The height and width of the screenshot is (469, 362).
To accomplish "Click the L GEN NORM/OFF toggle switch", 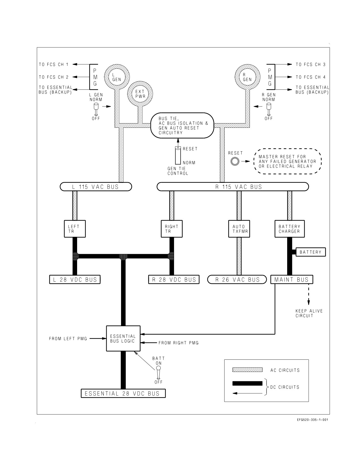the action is [96, 109].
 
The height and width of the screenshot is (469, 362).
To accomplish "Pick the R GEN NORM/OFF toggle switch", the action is [269, 109].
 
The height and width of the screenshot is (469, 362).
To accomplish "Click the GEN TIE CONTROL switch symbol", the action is [178, 155].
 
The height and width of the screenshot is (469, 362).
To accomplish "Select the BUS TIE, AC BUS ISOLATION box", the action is [182, 125].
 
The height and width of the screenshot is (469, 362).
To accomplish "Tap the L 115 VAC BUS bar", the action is [96, 187].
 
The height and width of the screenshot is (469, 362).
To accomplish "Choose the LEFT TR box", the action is [75, 229].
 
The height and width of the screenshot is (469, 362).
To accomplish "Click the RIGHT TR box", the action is [172, 229].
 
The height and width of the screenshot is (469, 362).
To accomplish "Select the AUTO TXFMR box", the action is [239, 229].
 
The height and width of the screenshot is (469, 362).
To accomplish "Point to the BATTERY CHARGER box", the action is [290, 229].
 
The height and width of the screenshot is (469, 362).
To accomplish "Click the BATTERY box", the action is [310, 252].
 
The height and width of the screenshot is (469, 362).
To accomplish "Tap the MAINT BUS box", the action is [292, 280].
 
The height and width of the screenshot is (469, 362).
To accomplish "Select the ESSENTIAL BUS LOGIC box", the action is [123, 338].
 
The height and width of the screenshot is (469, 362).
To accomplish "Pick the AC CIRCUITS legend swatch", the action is [247, 370].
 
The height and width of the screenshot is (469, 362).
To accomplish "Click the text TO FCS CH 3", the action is [310, 64].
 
